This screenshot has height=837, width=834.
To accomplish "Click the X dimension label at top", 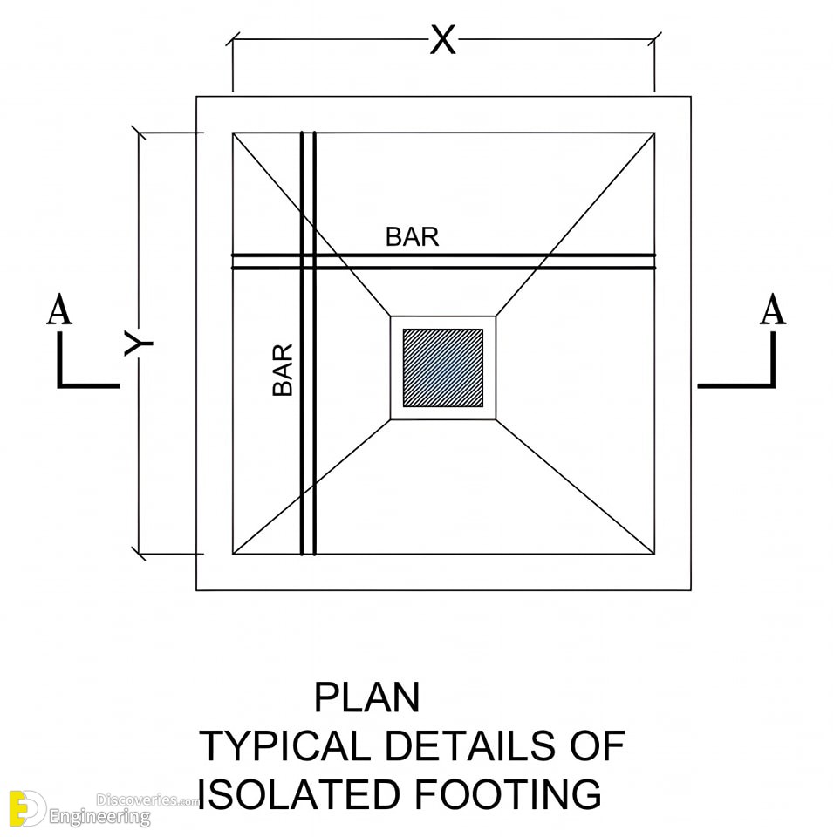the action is pyautogui.click(x=443, y=40).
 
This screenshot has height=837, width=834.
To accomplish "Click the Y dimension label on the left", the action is pyautogui.click(x=139, y=344).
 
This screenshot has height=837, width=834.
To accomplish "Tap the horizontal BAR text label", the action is pyautogui.click(x=412, y=237).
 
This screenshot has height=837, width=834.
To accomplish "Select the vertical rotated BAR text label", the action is pyautogui.click(x=283, y=370).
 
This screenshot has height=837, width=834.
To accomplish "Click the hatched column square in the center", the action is pyautogui.click(x=443, y=368).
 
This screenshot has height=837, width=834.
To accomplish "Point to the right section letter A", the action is pyautogui.click(x=773, y=309).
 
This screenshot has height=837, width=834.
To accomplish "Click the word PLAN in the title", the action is pyautogui.click(x=366, y=697).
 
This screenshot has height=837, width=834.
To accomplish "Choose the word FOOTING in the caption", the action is pyautogui.click(x=508, y=794).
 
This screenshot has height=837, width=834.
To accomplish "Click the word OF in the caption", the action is pyautogui.click(x=597, y=745).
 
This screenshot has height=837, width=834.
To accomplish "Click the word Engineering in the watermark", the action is pyautogui.click(x=99, y=817).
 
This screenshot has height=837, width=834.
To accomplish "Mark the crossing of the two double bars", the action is pyautogui.click(x=308, y=262).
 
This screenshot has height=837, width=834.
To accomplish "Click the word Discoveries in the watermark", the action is pyautogui.click(x=137, y=800).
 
